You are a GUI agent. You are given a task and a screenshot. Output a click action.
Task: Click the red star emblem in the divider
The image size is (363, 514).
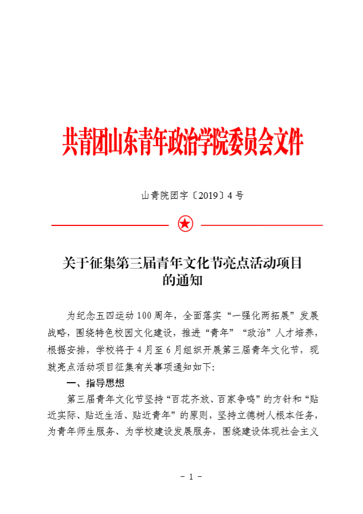[x=185, y=224]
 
